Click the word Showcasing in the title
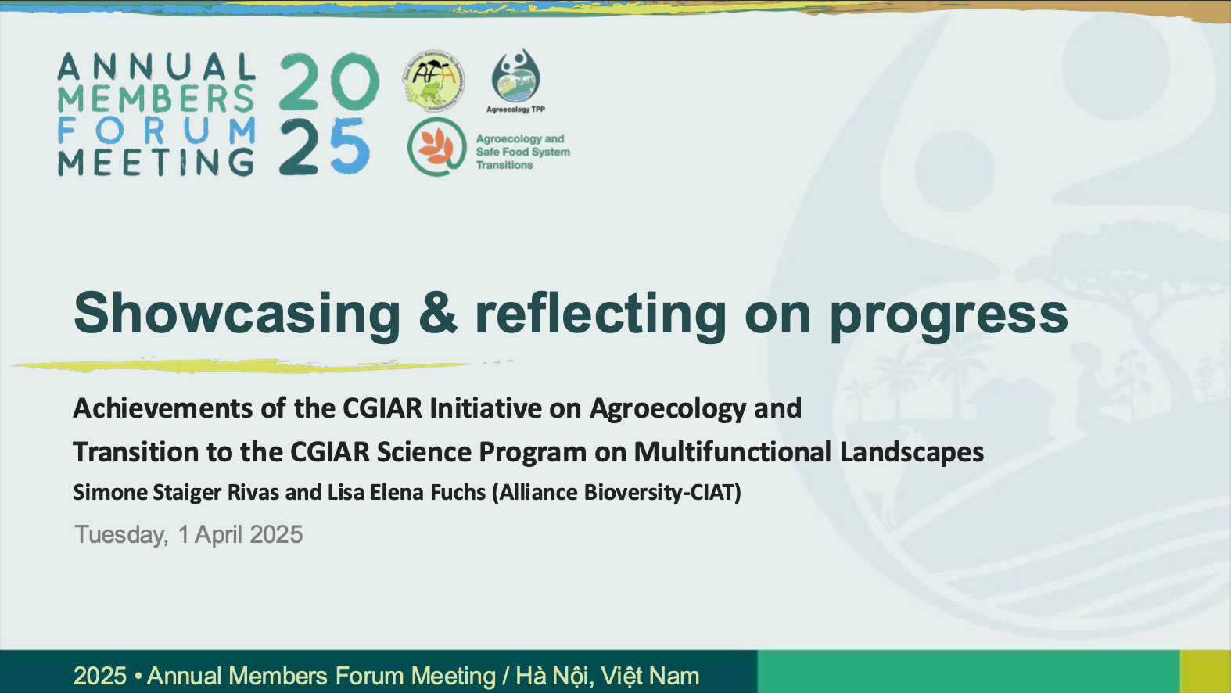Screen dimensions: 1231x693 (x=237, y=313)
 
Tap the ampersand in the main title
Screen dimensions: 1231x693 (x=437, y=311)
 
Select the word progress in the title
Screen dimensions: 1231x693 (x=949, y=314)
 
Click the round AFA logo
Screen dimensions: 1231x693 (x=434, y=81)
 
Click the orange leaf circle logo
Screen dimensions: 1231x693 (x=437, y=147)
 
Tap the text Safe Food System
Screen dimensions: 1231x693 (x=522, y=153)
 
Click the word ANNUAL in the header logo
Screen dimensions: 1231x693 (x=156, y=67)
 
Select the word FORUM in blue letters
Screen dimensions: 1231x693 (x=156, y=131)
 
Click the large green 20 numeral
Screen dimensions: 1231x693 (x=328, y=82)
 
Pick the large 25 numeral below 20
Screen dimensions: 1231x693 (x=325, y=147)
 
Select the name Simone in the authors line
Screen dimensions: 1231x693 (x=110, y=492)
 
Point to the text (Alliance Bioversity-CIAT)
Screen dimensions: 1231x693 (x=616, y=493)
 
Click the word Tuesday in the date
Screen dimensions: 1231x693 (x=121, y=535)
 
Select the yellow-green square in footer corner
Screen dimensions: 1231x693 (x=1205, y=672)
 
